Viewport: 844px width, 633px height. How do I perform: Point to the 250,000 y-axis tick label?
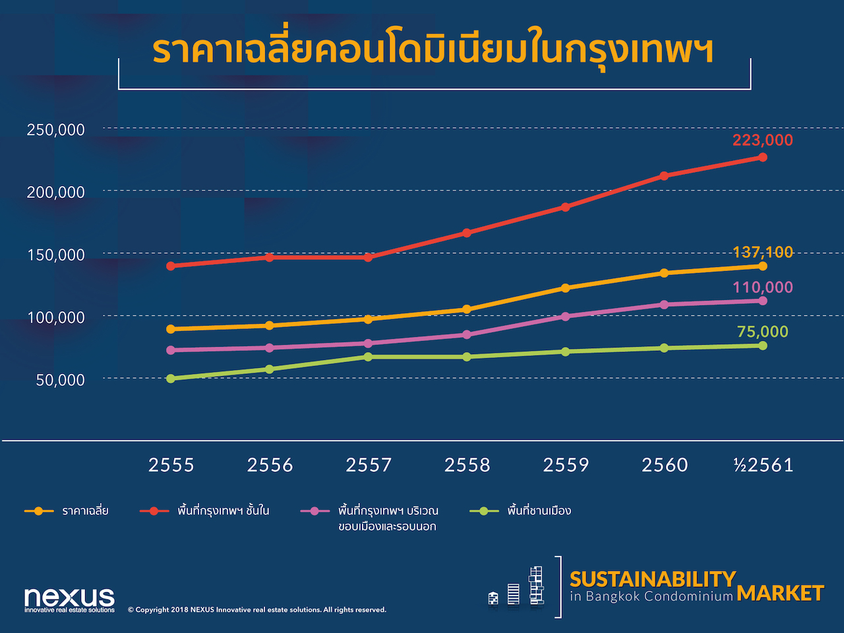point(56,130)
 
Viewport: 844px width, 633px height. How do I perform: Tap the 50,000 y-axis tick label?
point(61,380)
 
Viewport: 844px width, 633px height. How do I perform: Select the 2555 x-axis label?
point(171,466)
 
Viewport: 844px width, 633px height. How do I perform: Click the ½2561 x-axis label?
point(764,466)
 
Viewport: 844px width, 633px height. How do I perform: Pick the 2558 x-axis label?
point(467,466)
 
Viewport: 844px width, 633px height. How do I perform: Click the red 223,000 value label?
point(763,140)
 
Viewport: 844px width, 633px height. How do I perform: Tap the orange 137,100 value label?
point(763,252)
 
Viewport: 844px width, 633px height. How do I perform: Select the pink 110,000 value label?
point(763,287)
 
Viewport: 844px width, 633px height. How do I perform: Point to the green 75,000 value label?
point(763,332)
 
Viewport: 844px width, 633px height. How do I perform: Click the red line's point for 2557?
point(368,257)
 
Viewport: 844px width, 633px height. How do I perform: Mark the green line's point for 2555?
point(171,378)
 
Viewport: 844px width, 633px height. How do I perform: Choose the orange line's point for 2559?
point(565,288)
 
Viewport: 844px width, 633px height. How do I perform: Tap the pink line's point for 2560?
point(664,305)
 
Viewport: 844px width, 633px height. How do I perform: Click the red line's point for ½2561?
point(763,158)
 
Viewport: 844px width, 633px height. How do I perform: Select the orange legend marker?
point(39,511)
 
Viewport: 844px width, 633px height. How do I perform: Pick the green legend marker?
point(484,511)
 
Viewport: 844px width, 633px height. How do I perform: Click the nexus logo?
point(69,599)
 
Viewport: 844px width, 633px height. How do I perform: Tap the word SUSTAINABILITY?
point(653,579)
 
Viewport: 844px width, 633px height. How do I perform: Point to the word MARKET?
point(781,593)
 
